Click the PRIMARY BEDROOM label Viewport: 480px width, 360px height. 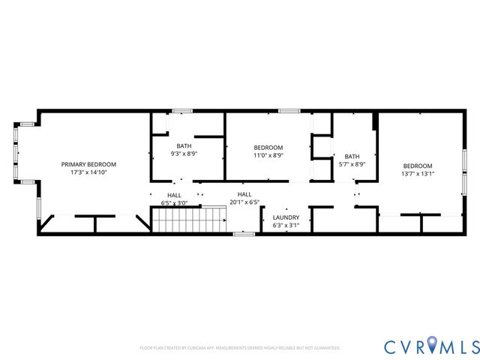88,164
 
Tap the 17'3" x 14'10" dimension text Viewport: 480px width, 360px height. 88,172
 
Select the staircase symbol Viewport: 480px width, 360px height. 190,220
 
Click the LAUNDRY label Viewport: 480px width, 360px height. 286,217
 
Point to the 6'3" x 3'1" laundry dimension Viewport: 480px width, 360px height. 286,225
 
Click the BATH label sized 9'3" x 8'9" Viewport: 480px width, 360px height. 184,145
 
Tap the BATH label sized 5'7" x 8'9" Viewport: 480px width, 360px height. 352,156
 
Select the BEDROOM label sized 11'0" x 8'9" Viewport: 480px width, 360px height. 268,147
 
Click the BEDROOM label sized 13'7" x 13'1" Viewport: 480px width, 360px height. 418,166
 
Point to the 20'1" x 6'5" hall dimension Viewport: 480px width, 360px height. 244,202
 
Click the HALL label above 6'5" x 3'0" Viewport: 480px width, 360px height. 174,195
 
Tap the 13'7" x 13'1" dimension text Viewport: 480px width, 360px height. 418,174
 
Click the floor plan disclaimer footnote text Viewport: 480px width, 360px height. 240,348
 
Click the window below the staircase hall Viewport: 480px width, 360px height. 243,234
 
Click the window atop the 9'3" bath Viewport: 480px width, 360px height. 181,111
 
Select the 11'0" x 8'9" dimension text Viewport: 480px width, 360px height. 268,155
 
